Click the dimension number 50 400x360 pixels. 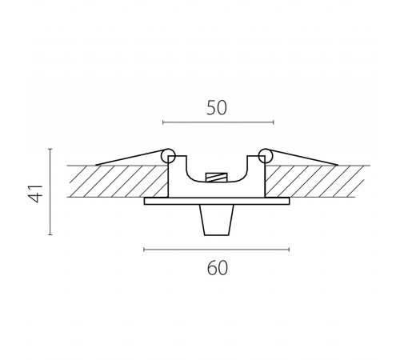click(x=217, y=108)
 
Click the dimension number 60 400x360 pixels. click(x=218, y=268)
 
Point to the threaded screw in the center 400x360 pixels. click(x=217, y=178)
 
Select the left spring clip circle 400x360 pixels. click(x=168, y=156)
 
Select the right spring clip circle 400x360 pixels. click(x=266, y=156)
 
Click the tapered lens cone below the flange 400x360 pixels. click(x=217, y=220)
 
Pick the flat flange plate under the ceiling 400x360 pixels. click(x=217, y=201)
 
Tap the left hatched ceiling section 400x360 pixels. click(x=118, y=182)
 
